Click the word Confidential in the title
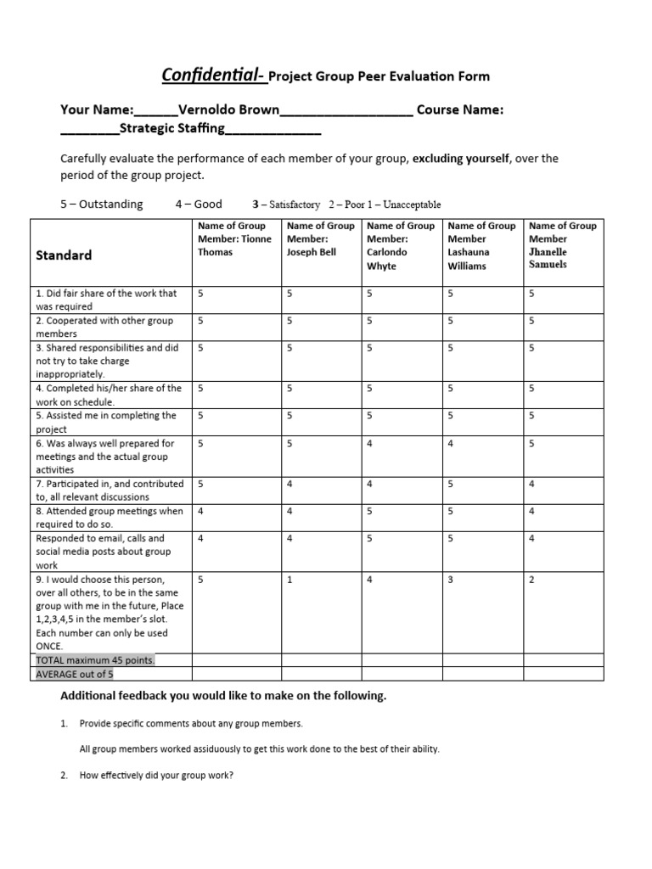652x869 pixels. click(x=212, y=76)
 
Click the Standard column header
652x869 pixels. click(x=64, y=255)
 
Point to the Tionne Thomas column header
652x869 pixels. click(x=235, y=239)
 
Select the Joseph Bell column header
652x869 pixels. click(x=320, y=239)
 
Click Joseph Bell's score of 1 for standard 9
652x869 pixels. click(x=290, y=580)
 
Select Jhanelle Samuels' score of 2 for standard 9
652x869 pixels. click(x=531, y=580)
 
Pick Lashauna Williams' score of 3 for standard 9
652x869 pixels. click(x=451, y=580)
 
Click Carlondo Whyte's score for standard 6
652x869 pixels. click(x=370, y=443)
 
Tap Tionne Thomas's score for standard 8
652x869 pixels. click(x=200, y=512)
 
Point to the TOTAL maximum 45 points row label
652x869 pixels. click(x=95, y=660)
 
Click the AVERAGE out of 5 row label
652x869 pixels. click(x=75, y=674)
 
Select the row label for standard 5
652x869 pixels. click(x=105, y=422)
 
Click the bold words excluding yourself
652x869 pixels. click(x=461, y=159)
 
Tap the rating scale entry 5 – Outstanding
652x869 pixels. click(x=101, y=205)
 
